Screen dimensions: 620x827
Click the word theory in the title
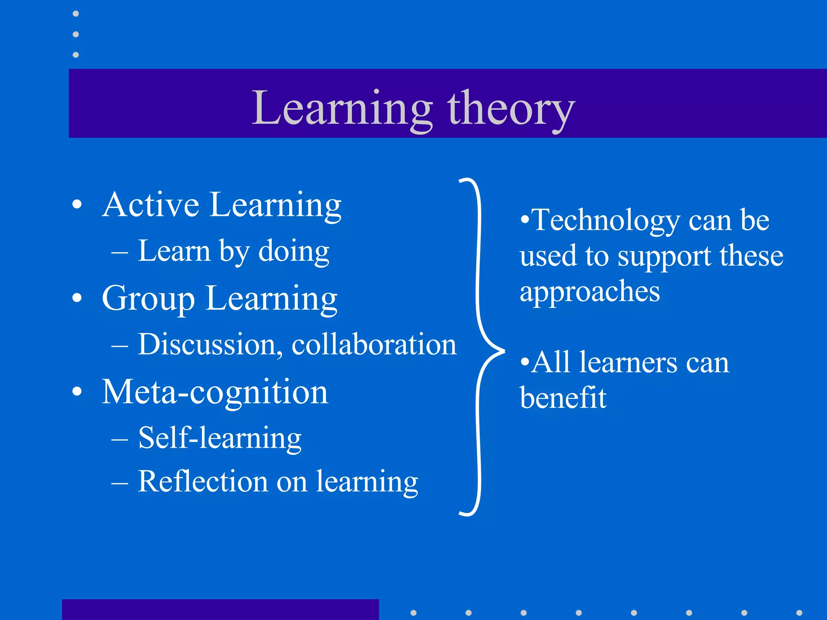tap(510, 108)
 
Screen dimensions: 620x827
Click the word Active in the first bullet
tap(150, 205)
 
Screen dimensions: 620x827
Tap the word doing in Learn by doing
tap(294, 251)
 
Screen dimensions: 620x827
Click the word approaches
tap(590, 291)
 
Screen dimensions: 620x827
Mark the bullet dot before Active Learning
tap(77, 205)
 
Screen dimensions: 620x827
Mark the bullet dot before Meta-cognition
tap(77, 391)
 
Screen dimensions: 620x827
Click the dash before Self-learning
tap(120, 439)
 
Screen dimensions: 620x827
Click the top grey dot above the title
tap(76, 14)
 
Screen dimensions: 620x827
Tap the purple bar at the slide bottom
tap(220, 610)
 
